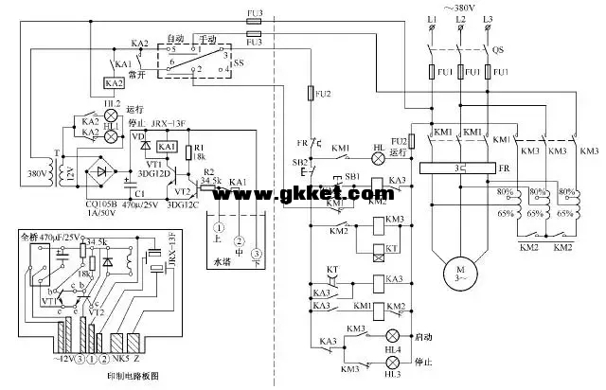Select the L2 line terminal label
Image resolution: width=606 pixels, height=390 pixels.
(460, 19)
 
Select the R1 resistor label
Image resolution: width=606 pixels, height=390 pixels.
(200, 149)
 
